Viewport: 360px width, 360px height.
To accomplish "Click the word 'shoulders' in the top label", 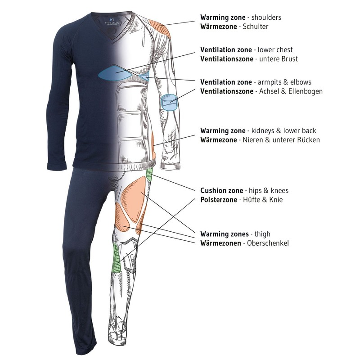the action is tap(266, 18).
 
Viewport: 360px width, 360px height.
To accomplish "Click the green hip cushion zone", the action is tap(149, 176).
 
